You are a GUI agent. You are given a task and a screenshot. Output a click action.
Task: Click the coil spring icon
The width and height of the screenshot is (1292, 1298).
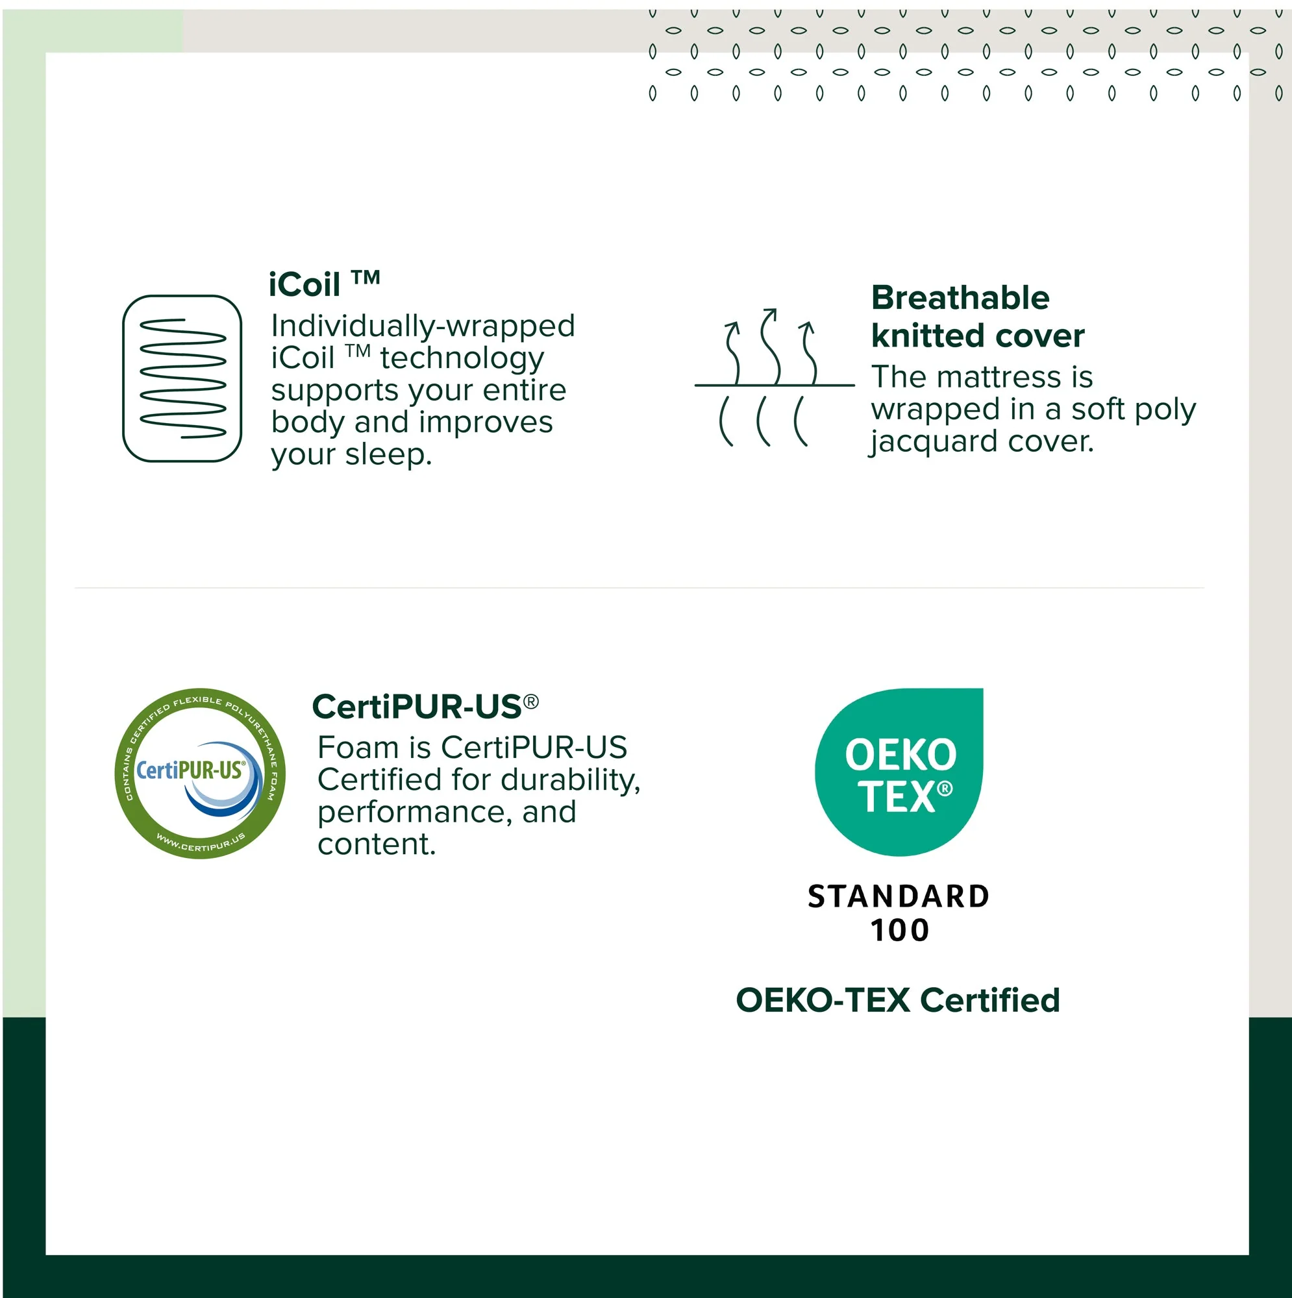182,378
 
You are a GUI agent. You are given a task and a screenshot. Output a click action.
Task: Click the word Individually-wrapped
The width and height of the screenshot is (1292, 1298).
423,326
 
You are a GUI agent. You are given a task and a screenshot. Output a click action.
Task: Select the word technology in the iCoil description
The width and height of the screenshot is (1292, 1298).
462,358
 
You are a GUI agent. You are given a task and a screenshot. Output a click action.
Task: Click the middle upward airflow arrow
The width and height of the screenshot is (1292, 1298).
771,346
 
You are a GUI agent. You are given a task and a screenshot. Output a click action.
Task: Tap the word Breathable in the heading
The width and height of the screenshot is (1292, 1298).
960,298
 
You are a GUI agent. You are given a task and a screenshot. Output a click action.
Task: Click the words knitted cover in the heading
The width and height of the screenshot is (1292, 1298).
977,336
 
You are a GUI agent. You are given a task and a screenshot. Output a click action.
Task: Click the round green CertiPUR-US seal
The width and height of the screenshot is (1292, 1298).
200,774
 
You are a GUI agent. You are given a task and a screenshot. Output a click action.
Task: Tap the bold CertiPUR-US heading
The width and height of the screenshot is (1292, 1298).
417,707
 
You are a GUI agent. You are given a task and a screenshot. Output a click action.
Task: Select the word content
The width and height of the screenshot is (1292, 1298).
376,844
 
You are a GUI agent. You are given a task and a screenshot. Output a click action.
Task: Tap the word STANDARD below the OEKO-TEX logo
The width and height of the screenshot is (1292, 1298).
898,897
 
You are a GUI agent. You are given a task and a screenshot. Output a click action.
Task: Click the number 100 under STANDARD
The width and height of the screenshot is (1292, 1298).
899,931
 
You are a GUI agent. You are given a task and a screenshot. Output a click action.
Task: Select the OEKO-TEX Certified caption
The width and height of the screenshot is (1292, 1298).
897,1000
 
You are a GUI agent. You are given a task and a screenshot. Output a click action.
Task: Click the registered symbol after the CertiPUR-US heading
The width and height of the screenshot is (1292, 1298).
531,702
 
